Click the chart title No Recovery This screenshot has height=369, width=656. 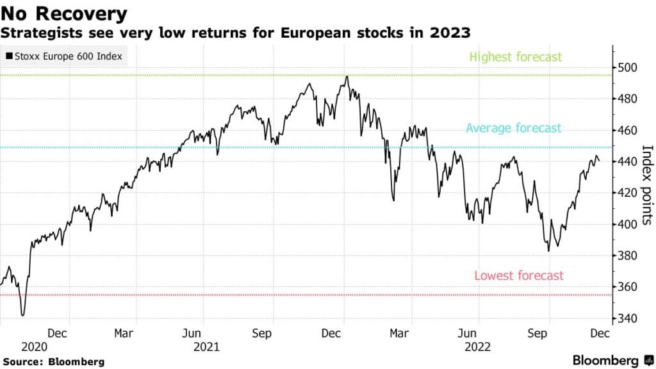point(64,13)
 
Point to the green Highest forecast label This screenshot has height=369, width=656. point(515,57)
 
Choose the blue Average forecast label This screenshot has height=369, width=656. point(513,128)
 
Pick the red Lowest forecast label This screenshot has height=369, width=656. point(519,275)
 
